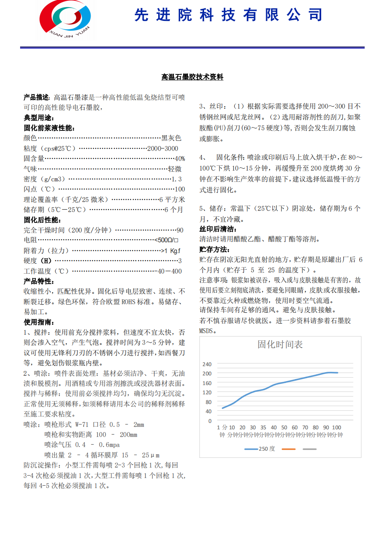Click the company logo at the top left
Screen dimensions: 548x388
point(65,19)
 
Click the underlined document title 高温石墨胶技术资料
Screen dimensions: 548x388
point(192,77)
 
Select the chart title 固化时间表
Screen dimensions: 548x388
point(280,344)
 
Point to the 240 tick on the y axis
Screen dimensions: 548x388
point(207,364)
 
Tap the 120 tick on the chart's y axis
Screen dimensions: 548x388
point(207,392)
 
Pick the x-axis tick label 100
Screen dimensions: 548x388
point(336,427)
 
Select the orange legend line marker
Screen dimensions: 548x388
point(289,449)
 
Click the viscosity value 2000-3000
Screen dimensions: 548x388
point(163,148)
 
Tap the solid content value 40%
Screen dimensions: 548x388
point(180,159)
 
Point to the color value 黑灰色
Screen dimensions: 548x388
point(171,138)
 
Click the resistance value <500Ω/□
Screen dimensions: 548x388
point(167,240)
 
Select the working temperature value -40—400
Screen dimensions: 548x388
point(169,271)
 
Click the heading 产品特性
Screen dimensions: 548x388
point(39,281)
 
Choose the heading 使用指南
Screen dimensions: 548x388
point(39,322)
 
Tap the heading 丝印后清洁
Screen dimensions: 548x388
point(218,229)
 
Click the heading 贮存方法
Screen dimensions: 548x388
point(214,249)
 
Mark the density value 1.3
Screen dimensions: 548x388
point(177,179)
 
